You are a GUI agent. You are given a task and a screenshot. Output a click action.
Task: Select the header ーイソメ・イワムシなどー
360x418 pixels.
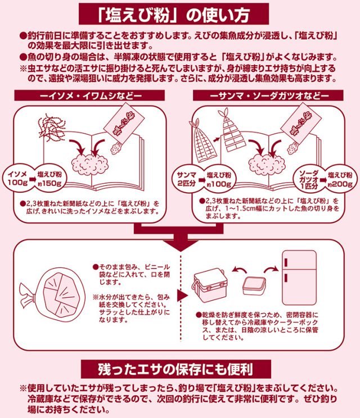coord(89,96)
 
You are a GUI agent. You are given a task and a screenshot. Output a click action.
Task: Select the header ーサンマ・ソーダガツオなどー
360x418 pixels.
coord(269,96)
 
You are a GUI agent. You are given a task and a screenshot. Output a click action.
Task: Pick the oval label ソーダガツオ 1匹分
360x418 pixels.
coord(309,178)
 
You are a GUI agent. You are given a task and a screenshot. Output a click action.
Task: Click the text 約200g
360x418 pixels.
coord(341,183)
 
